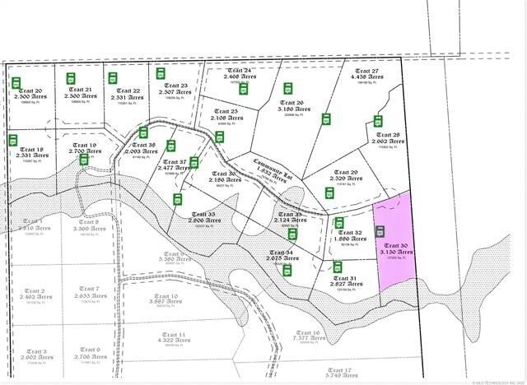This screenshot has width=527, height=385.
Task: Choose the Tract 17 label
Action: pyautogui.click(x=339, y=370)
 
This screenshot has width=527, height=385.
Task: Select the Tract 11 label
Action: pyautogui.click(x=170, y=336)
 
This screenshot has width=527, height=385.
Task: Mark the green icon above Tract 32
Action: pyautogui.click(x=338, y=223)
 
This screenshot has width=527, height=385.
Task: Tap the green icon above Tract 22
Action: pyautogui.click(x=113, y=79)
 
